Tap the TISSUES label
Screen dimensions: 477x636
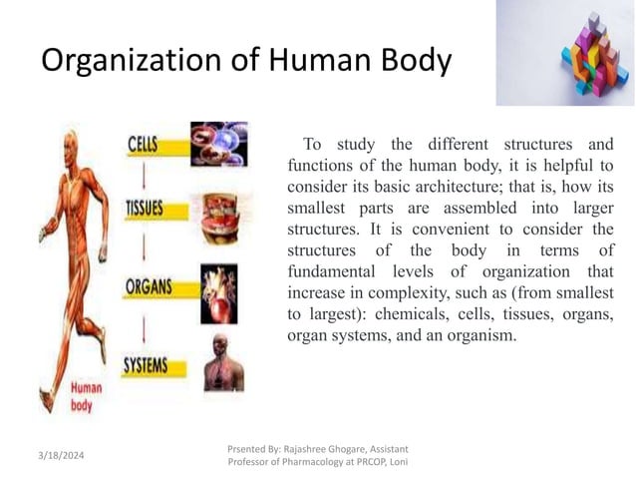[145, 211]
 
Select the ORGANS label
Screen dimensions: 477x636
[149, 287]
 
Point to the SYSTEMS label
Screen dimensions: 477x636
[146, 365]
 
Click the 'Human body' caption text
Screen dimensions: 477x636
[85, 398]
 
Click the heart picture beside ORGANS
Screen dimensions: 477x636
[219, 289]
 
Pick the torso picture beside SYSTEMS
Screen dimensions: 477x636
[220, 362]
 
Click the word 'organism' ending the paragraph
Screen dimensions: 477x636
[482, 335]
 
